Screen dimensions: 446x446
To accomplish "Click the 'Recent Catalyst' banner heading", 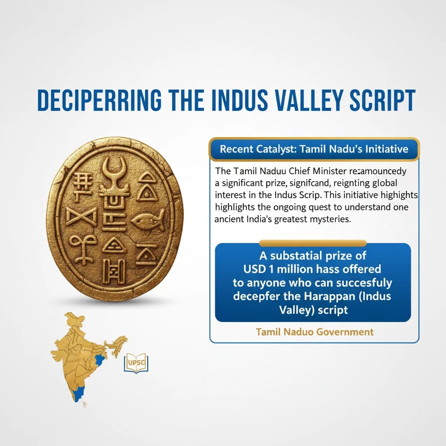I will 314,149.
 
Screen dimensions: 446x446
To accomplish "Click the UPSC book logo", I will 136,362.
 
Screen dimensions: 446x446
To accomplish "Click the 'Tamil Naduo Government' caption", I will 314,332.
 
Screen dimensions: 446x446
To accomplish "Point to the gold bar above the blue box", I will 313,243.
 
